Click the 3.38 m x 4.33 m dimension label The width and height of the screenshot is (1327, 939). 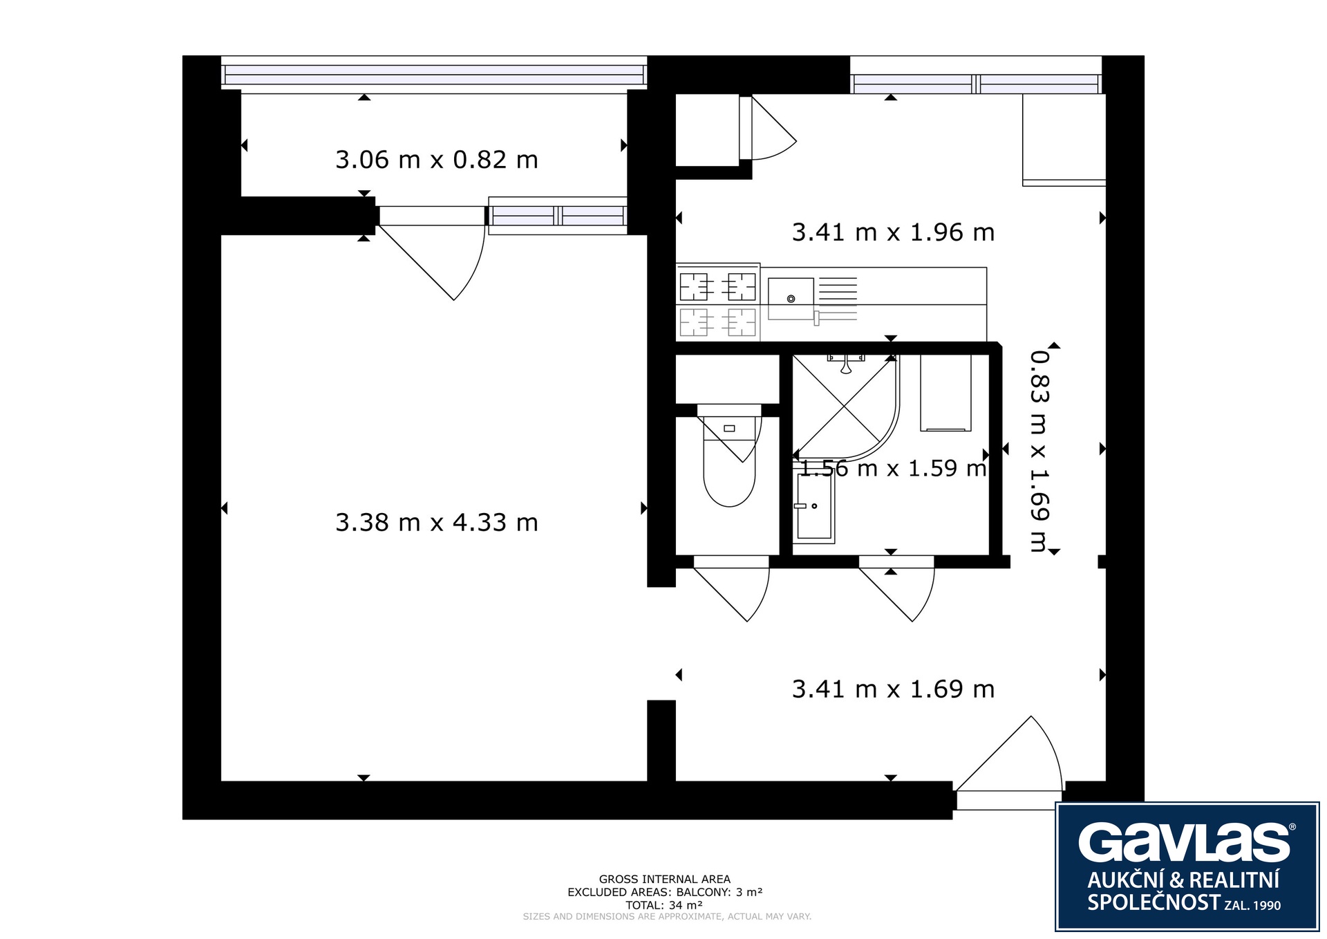pyautogui.click(x=436, y=522)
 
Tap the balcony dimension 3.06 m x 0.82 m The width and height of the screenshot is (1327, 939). pyautogui.click(x=436, y=160)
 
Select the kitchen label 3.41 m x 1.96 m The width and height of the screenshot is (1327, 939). pyautogui.click(x=893, y=232)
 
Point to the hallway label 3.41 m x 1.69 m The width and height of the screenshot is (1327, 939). pyautogui.click(x=893, y=689)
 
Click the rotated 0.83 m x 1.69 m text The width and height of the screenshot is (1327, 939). pyautogui.click(x=1039, y=451)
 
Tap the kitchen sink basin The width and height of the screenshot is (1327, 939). pyautogui.click(x=791, y=299)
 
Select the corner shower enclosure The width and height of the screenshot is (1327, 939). pyautogui.click(x=845, y=408)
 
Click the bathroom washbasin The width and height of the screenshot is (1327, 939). pyautogui.click(x=815, y=505)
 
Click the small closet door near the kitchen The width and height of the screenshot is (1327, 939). pyautogui.click(x=767, y=128)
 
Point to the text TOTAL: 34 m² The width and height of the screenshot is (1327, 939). pyautogui.click(x=664, y=905)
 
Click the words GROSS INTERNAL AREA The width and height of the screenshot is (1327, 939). pyautogui.click(x=664, y=880)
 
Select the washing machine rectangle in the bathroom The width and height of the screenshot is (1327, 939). pyautogui.click(x=945, y=393)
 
